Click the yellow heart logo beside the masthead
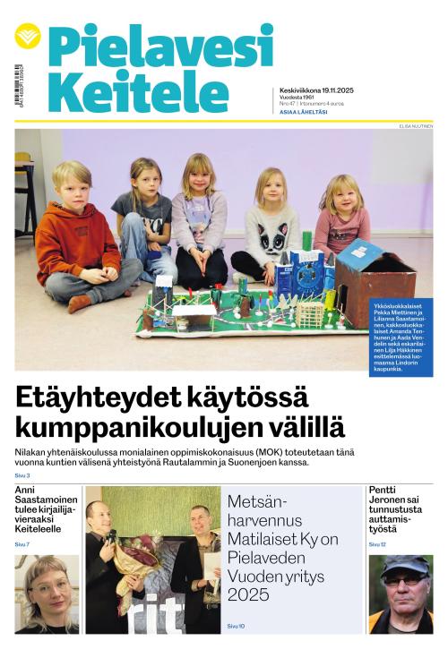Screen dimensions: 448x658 click(28, 36)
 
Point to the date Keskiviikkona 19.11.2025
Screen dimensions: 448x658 click(318, 90)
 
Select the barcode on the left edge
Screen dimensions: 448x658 click(17, 85)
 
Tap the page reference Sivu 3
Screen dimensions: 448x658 click(22, 475)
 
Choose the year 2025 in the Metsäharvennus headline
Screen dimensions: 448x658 click(248, 594)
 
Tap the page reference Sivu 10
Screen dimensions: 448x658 click(236, 625)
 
